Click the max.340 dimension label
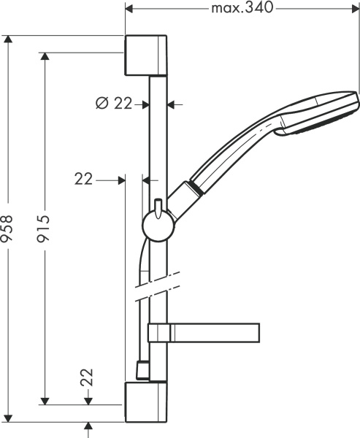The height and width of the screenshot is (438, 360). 242,9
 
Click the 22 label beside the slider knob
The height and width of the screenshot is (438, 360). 85,178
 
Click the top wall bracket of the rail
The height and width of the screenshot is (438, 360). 147,54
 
